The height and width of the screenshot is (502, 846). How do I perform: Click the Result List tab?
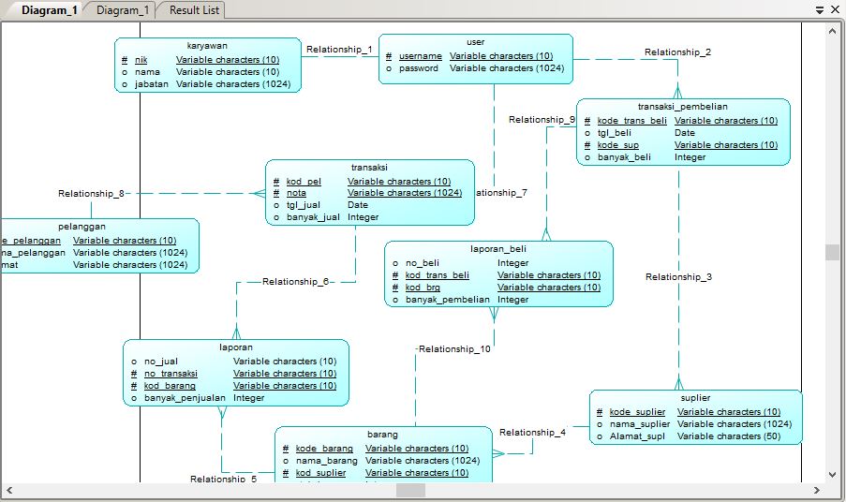pos(194,10)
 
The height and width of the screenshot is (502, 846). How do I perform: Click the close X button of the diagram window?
pos(835,9)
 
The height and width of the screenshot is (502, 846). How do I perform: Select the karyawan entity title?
pos(207,45)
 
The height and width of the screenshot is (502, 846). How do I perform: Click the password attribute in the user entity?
pos(418,68)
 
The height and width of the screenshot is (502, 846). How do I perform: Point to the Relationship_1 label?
pos(339,50)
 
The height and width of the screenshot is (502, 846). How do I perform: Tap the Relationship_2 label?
pos(676,52)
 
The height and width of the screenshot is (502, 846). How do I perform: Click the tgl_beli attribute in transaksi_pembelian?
pos(615,133)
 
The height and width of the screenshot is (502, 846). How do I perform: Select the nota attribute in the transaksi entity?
pos(296,193)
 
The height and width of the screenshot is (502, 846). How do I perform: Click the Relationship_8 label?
pos(91,194)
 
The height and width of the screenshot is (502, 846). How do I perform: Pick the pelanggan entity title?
pos(82,226)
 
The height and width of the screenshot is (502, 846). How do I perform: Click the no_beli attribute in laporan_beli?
pos(422,263)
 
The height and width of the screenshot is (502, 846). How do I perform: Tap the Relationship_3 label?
pos(678,277)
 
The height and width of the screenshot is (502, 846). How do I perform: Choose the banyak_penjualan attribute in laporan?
pos(185,398)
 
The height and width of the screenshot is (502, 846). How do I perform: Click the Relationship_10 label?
pos(454,349)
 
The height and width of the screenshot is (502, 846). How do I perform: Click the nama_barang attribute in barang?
pos(326,461)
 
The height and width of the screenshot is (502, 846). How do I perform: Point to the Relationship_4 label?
pos(532,433)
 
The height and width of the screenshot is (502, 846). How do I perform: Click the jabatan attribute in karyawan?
pos(151,84)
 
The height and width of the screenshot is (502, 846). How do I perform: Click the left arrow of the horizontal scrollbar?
pos(9,490)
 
